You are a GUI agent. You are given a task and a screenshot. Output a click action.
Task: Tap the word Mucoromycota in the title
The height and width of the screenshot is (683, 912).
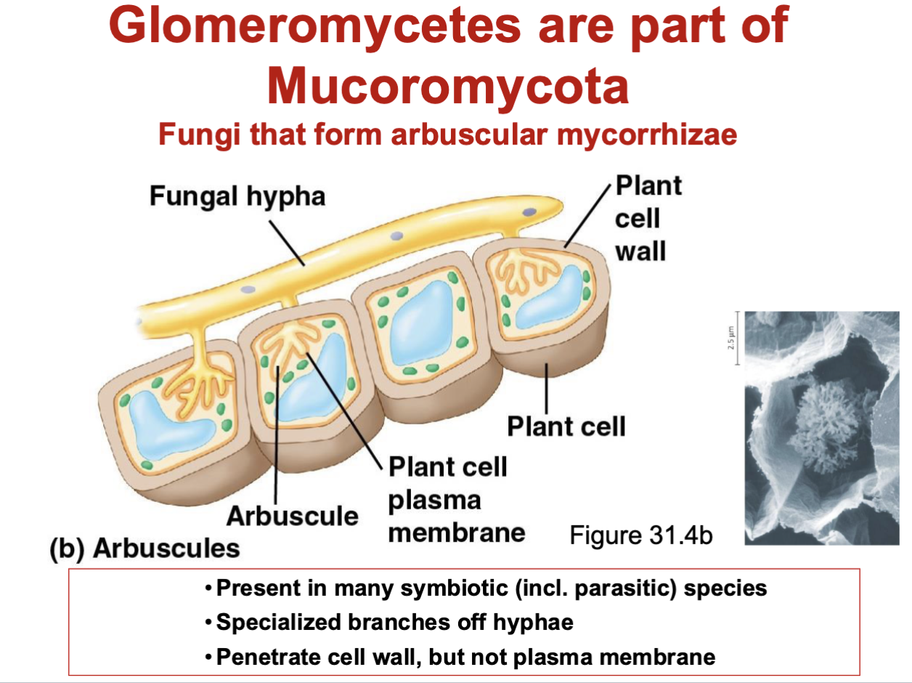pyautogui.click(x=447, y=85)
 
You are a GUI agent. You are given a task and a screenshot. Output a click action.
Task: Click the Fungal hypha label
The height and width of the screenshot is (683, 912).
pyautogui.click(x=237, y=195)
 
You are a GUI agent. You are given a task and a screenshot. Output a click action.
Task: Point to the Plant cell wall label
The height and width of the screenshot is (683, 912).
pyautogui.click(x=648, y=219)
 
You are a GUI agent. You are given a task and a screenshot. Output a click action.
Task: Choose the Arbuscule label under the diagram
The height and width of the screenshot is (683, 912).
pyautogui.click(x=292, y=515)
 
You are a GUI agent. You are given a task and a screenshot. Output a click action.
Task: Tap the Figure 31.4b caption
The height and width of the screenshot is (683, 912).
pyautogui.click(x=640, y=536)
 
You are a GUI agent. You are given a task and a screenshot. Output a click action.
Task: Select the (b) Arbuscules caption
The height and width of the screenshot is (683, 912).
pyautogui.click(x=144, y=548)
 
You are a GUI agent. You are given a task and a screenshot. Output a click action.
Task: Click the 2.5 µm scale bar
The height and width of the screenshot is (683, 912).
pyautogui.click(x=736, y=339)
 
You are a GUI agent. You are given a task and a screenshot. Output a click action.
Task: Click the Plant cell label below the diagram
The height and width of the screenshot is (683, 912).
pyautogui.click(x=566, y=427)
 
